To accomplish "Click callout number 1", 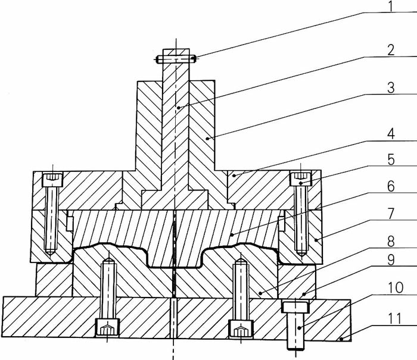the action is point(390,7).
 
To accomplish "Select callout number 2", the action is point(391,50).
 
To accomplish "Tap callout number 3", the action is point(391,87).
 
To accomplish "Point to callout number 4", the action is point(391,134).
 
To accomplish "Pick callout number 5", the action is point(391,160).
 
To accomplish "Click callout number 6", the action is point(391,186).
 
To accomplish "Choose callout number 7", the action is point(391,214).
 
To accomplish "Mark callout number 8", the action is point(391,242).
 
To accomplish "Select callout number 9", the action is point(391,260).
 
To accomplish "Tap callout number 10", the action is point(396,287).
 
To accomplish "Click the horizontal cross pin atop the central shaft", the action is point(176,59).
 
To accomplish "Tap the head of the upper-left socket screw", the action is point(52,179).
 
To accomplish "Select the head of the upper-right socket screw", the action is point(300,179).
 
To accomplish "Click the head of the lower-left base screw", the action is point(107,327).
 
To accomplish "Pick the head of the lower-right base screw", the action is point(241,329).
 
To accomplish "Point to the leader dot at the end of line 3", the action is point(207,139).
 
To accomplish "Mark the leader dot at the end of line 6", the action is point(232,234).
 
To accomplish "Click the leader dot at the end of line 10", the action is point(300,328).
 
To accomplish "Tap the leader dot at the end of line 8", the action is point(261,293).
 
